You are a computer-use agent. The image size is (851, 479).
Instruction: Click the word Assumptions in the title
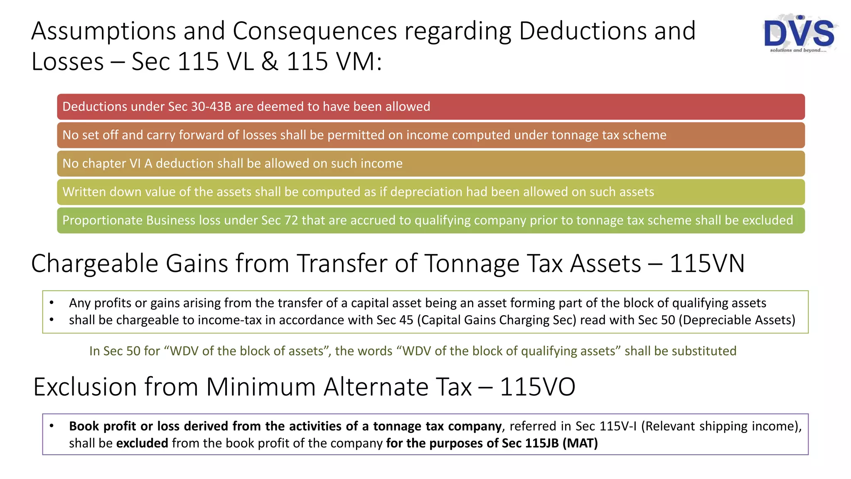[103, 32]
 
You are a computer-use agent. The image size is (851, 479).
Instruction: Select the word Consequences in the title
[315, 32]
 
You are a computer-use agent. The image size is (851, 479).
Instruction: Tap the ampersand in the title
[270, 62]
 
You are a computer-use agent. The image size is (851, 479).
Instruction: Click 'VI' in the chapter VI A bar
[135, 163]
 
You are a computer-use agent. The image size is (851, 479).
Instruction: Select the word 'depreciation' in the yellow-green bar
[426, 192]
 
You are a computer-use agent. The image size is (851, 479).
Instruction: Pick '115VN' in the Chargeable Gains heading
[707, 264]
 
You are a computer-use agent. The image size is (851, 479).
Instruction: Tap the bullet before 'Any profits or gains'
[52, 303]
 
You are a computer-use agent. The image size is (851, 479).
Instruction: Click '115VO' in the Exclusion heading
[537, 387]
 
